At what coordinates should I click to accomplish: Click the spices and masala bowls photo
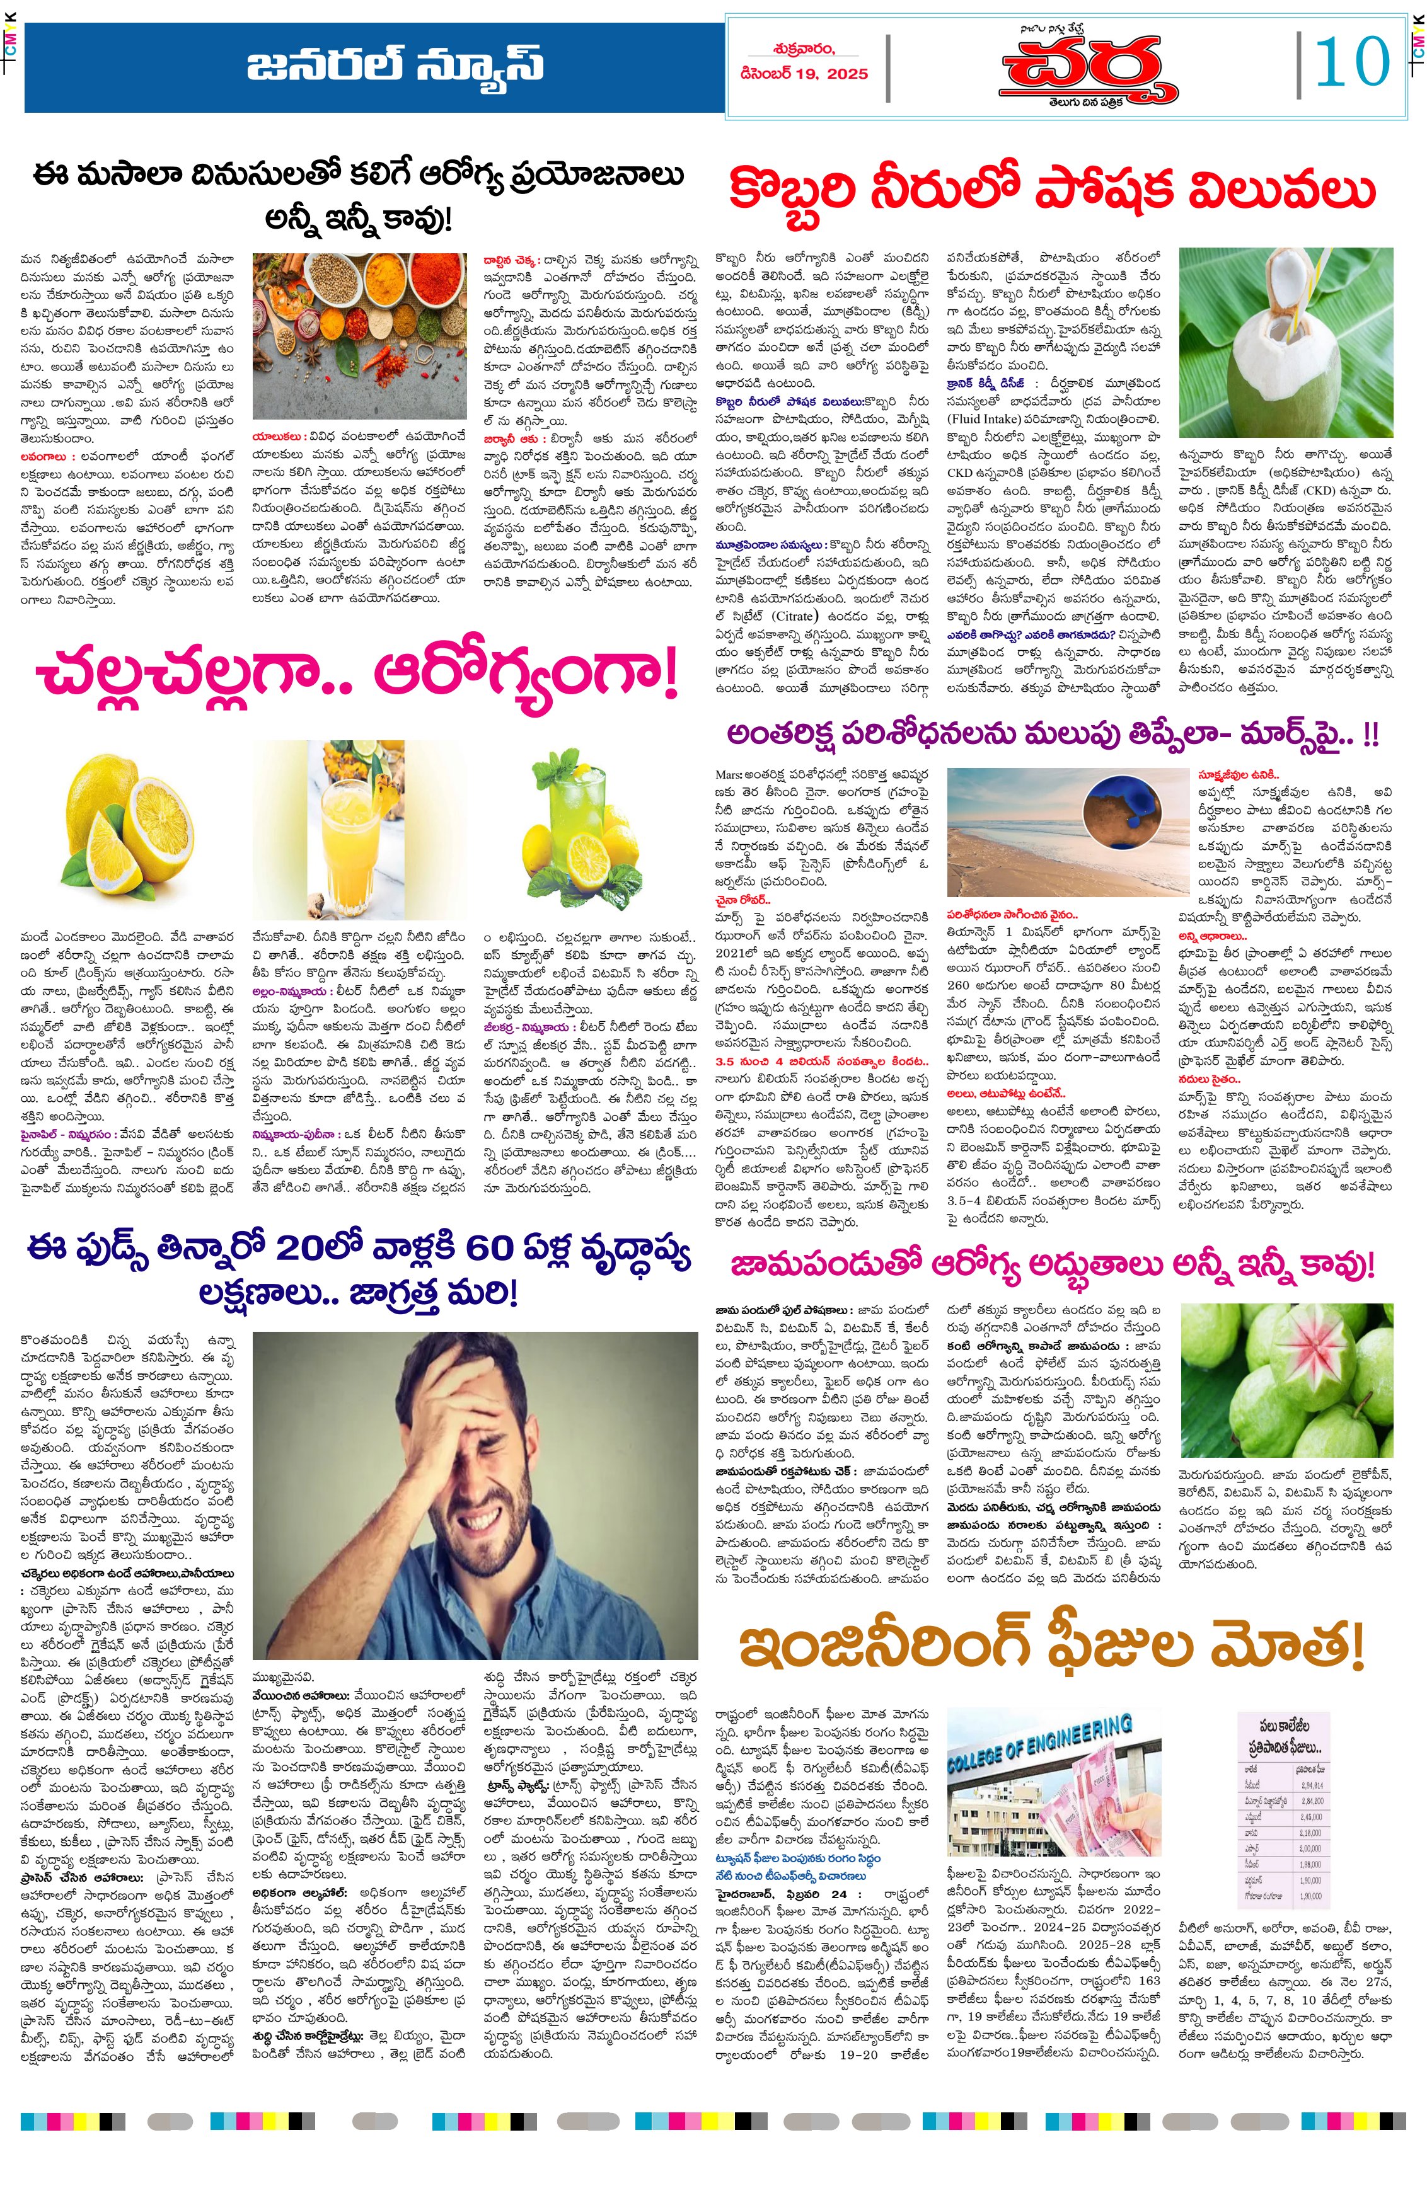pyautogui.click(x=359, y=335)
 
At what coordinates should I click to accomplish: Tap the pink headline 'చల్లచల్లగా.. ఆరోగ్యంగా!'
pyautogui.click(x=357, y=676)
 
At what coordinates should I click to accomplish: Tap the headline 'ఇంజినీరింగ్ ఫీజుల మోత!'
pyautogui.click(x=1052, y=1646)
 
